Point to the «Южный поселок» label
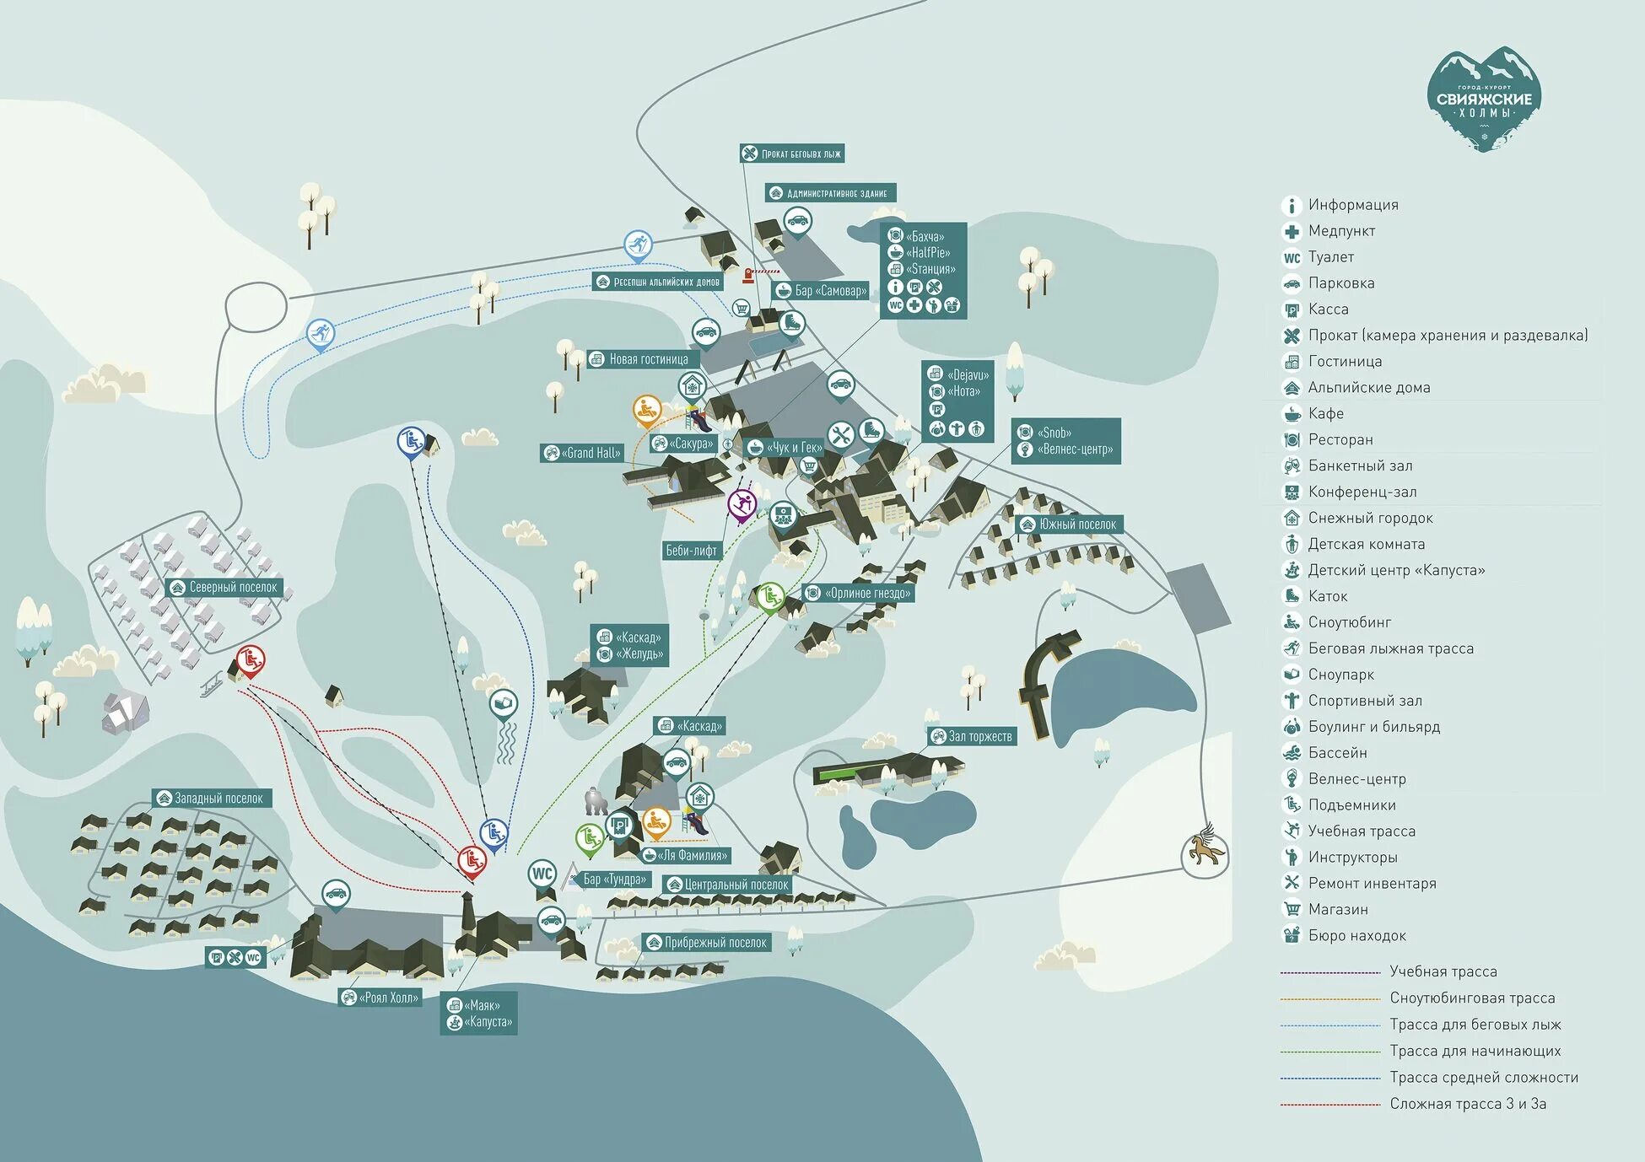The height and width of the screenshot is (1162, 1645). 1069,524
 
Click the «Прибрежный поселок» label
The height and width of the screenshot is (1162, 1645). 706,942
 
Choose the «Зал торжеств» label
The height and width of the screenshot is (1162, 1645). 972,736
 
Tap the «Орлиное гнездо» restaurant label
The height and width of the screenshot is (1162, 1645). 858,593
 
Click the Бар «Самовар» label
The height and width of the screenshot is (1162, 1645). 821,291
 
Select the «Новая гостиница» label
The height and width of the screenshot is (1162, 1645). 639,359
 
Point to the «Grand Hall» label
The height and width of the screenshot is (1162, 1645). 583,453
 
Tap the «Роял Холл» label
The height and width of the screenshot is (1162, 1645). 380,998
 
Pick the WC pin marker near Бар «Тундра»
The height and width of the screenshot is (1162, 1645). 542,874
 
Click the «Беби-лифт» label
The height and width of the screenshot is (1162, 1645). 691,551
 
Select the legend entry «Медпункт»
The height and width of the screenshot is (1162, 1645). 1340,231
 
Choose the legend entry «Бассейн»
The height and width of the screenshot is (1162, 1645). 1337,752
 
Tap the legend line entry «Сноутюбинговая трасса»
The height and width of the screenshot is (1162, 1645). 1471,998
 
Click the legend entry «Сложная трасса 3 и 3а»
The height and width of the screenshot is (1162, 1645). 1467,1103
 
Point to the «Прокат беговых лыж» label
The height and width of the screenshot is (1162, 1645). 792,153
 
